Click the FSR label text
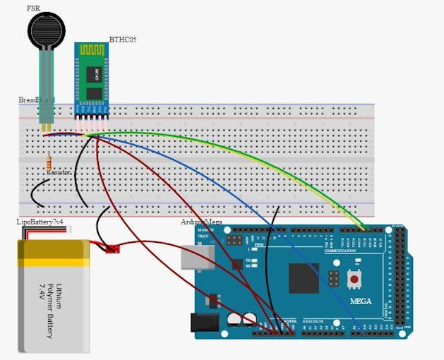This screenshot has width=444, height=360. pos(33,8)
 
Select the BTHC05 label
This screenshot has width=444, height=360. pos(123,40)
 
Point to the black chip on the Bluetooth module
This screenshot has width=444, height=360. pos(93,74)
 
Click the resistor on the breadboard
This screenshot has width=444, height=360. pos(49,161)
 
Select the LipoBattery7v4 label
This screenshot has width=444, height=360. pos(40,222)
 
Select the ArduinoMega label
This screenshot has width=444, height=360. pos(202,222)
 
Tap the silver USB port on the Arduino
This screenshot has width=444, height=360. pos(194,258)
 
